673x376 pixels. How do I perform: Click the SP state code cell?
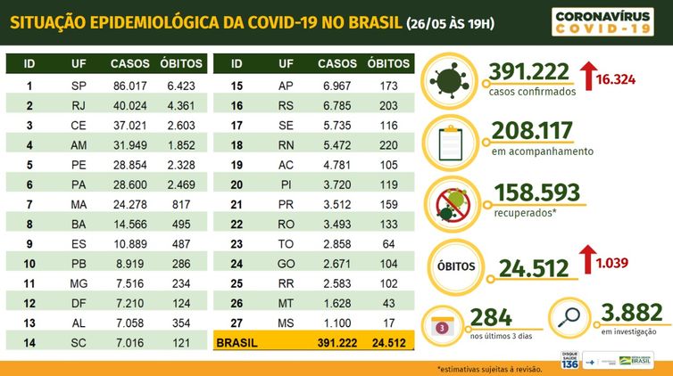coord(78,86)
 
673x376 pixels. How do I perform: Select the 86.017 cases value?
coord(129,86)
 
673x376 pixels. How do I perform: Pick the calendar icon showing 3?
coord(442,323)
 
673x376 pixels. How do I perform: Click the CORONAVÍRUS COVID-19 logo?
coord(602,22)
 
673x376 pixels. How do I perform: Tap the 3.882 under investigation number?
coord(631,312)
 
